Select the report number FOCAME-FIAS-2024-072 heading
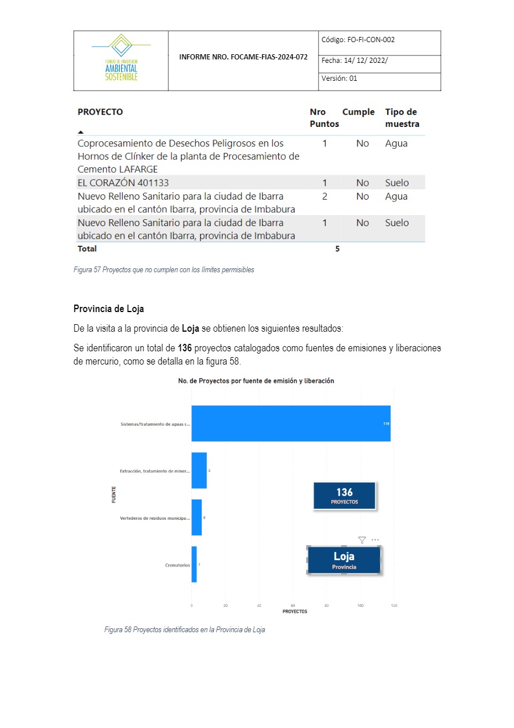243,57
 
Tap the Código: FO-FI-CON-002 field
358,40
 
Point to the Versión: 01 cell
339,78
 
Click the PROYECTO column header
100,112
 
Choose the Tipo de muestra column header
402,118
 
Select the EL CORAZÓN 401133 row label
123,183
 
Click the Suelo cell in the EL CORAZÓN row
396,183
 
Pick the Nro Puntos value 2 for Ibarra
324,197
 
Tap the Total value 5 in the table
338,249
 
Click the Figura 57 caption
164,269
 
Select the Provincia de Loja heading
108,309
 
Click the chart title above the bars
256,381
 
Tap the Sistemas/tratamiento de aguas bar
290,423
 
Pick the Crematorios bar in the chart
194,564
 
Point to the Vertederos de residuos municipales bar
196,517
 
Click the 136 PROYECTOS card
344,496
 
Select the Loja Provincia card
344,560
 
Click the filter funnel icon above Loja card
362,540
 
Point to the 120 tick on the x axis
394,606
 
